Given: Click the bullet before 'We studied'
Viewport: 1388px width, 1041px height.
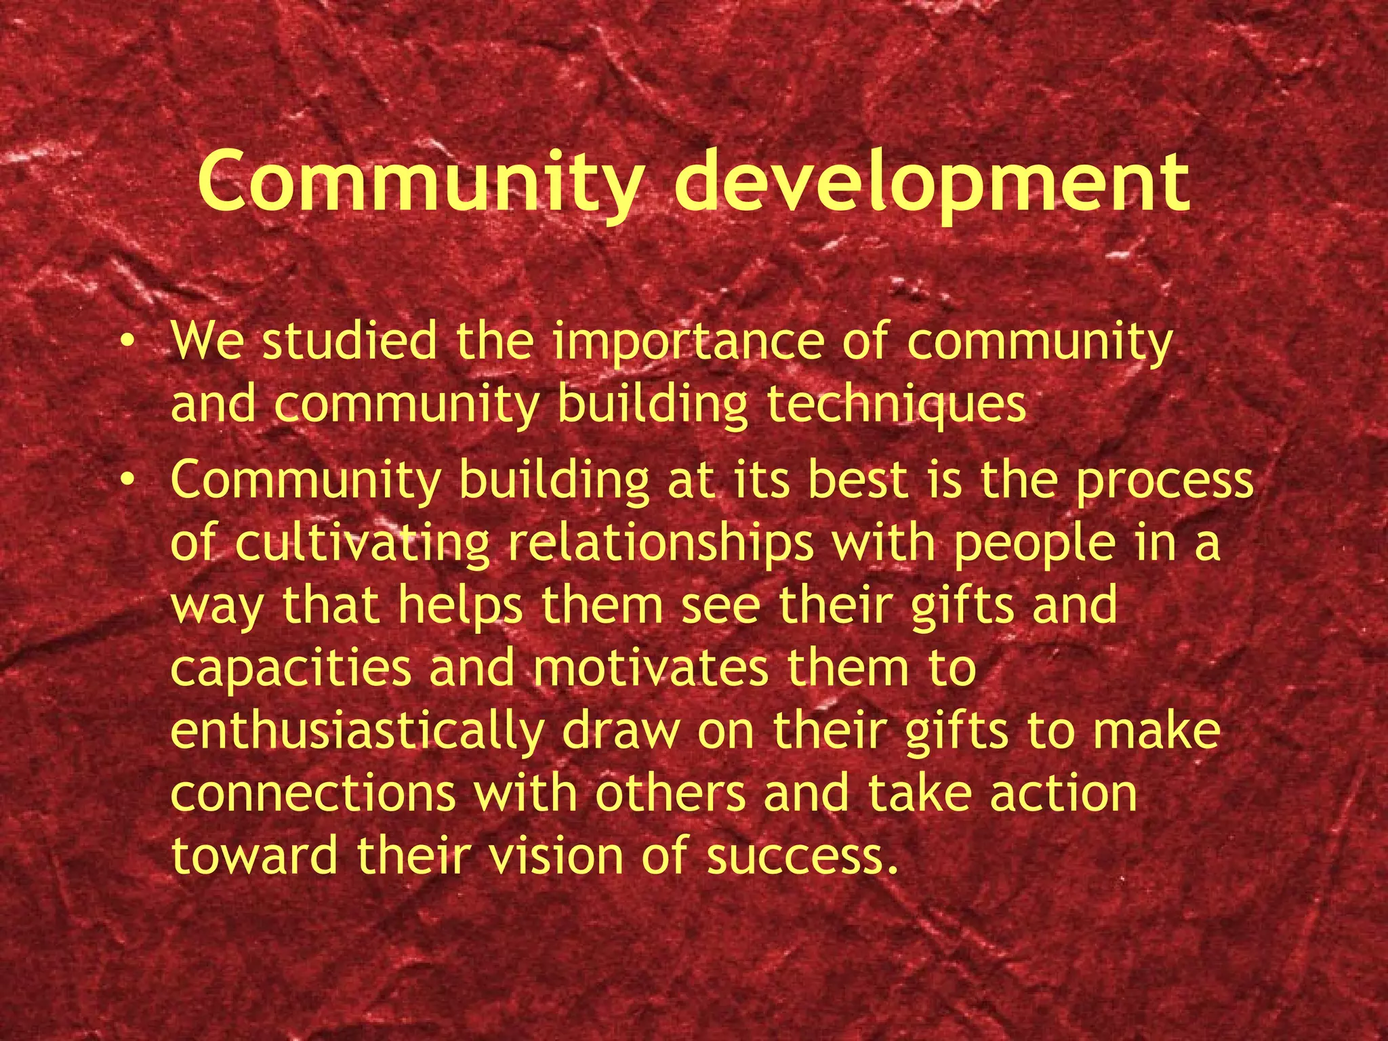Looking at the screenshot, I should point(125,344).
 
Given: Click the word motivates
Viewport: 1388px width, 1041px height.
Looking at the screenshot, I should point(651,668).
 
